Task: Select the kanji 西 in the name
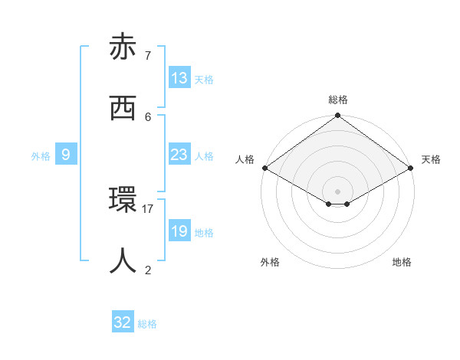click(x=123, y=108)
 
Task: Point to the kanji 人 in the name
click(x=123, y=261)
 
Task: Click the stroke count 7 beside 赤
click(x=147, y=55)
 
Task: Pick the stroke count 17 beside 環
click(x=148, y=208)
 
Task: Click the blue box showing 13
click(x=179, y=78)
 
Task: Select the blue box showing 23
click(x=179, y=155)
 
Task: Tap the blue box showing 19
click(x=179, y=231)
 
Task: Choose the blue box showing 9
click(x=66, y=155)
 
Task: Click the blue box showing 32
click(x=123, y=322)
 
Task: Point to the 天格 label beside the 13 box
click(x=204, y=80)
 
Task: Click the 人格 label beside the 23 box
click(x=204, y=156)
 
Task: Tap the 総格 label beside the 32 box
click(x=147, y=324)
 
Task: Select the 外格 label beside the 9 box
click(x=41, y=156)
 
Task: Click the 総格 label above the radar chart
click(x=338, y=100)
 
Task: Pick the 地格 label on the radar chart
click(x=402, y=262)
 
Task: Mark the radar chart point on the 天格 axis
click(x=412, y=168)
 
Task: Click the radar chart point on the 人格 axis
click(x=264, y=168)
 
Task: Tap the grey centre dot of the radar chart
click(x=338, y=191)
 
